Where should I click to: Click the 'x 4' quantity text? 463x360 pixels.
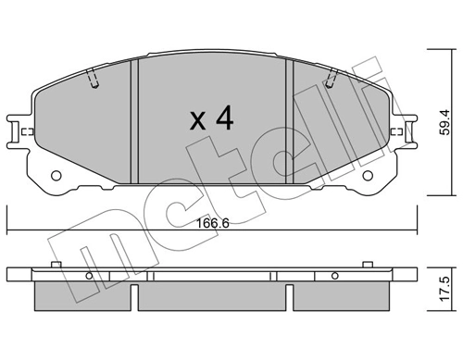[212, 118]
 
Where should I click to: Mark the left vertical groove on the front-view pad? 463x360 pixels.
[135, 120]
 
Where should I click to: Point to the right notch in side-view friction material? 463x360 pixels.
[290, 298]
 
